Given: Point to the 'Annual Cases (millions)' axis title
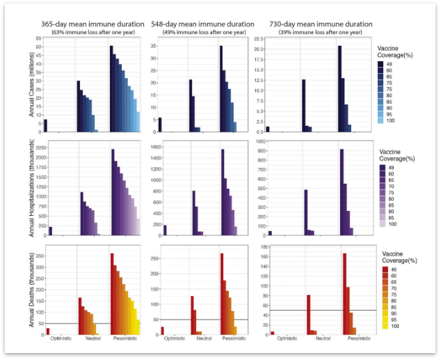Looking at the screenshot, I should click(x=31, y=84).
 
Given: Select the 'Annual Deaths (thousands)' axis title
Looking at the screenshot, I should click(x=31, y=293).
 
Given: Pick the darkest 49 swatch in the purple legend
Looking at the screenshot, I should click(x=383, y=168).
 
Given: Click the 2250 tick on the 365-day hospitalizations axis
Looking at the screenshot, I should click(x=39, y=148).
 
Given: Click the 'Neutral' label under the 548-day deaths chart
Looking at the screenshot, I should click(x=204, y=339).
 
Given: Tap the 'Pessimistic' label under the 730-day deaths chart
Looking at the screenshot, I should click(x=359, y=339).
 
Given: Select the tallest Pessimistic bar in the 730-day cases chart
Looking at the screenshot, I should click(x=339, y=88).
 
